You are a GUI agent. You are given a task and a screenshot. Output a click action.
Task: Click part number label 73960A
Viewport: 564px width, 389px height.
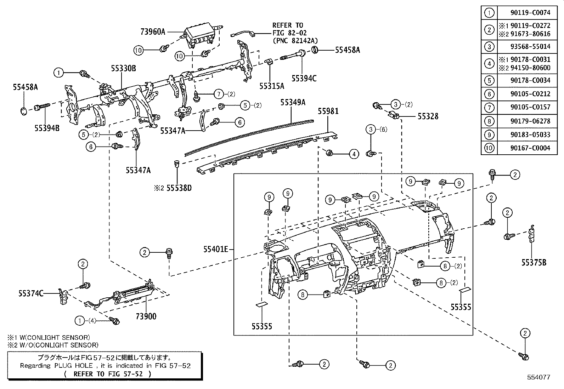coord(153,32)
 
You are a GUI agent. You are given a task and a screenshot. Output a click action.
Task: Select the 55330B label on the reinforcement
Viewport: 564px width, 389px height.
coord(123,69)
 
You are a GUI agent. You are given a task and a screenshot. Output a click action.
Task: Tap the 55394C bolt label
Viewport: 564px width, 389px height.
coord(304,78)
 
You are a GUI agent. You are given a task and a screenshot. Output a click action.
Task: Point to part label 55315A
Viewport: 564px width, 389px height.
coord(272,86)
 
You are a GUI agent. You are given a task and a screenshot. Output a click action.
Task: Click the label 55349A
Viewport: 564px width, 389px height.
coord(293,102)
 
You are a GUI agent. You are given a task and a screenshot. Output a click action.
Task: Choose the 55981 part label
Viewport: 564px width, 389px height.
coord(328,111)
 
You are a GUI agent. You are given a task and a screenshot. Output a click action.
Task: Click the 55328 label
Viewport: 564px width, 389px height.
coord(428,116)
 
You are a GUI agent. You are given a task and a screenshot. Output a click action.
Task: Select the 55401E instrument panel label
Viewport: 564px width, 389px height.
coord(215,249)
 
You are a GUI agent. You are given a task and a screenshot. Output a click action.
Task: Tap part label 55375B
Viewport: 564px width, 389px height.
coord(534,262)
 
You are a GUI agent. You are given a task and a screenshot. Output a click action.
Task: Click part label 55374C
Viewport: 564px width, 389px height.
coord(31,293)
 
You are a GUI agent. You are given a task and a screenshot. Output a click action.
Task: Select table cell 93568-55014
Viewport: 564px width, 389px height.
coord(530,46)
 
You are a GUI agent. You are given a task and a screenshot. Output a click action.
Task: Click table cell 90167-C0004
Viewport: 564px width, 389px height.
coord(530,148)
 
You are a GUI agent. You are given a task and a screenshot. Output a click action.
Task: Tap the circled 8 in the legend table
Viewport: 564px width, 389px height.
coord(489,121)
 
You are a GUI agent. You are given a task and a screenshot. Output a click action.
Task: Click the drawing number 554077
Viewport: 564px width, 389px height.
coord(538,377)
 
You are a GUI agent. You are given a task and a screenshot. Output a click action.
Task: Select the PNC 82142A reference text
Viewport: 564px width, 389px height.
coord(295,40)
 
